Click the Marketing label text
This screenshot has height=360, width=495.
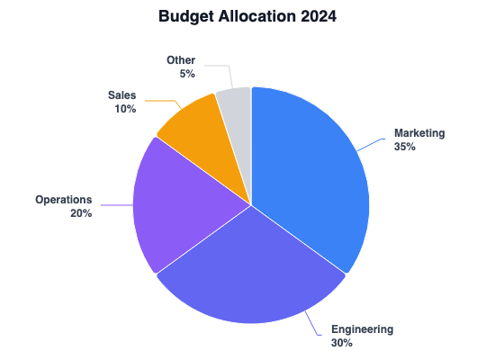click(419, 133)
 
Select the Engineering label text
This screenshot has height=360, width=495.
click(362, 329)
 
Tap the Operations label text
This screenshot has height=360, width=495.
click(63, 199)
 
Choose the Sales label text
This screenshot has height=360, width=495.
click(122, 94)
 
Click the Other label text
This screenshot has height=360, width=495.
click(181, 60)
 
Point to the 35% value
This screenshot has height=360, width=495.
click(405, 147)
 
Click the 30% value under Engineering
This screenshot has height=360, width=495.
click(342, 343)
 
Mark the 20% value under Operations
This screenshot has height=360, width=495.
click(80, 213)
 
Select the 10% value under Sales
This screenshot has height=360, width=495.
click(125, 109)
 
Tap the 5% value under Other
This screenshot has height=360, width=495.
click(187, 74)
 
